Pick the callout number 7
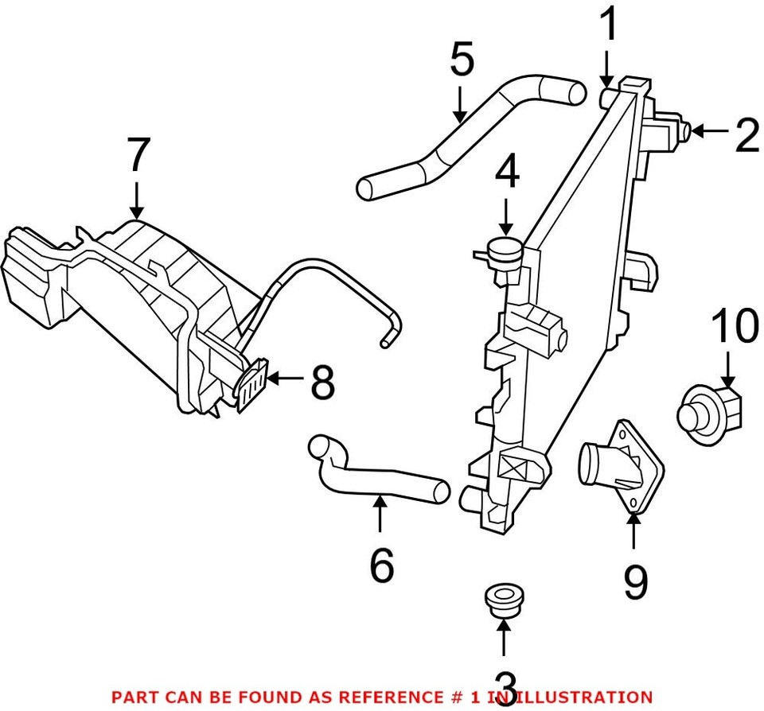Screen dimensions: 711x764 pos(138,155)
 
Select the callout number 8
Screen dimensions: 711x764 pos(322,384)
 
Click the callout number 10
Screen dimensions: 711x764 pos(735,328)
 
